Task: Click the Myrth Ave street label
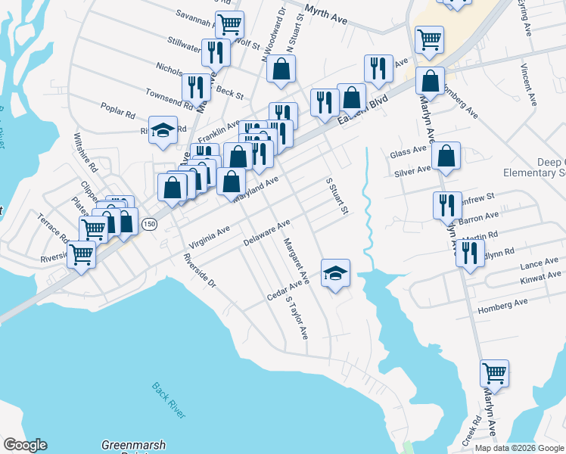(325, 14)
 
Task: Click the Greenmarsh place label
(134, 445)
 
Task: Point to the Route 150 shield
(149, 224)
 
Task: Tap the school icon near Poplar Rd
(163, 129)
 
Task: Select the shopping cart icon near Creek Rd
(494, 372)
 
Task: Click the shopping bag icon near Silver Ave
(447, 157)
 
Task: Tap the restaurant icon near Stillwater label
(216, 52)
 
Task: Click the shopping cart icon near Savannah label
(229, 23)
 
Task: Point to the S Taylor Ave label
(297, 316)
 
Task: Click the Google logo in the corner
(25, 444)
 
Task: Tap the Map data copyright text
(518, 448)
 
